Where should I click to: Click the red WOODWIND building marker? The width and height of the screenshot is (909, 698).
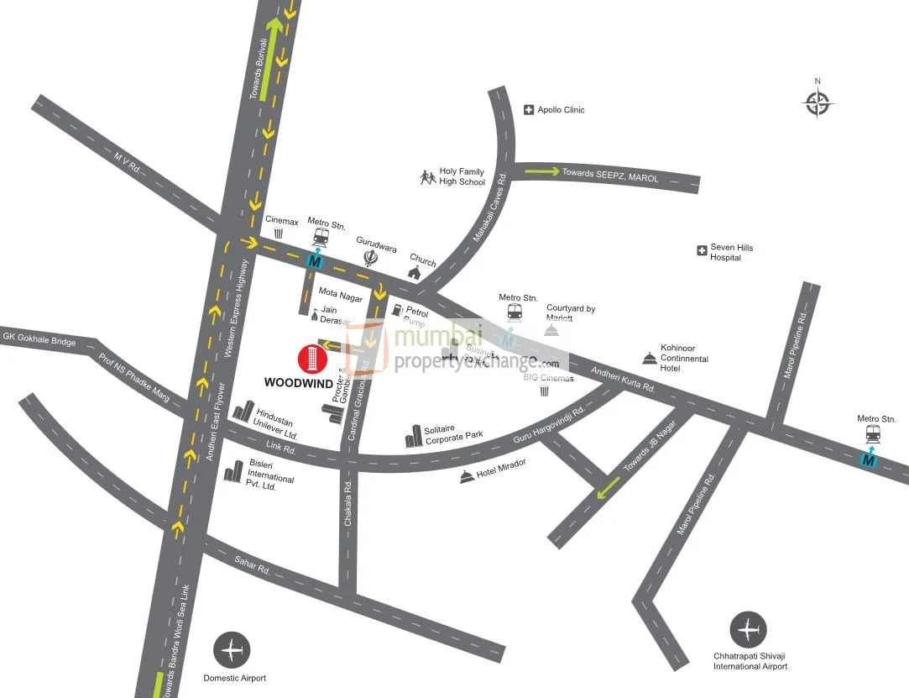click(x=311, y=359)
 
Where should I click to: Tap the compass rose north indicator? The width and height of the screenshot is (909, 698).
click(x=818, y=102)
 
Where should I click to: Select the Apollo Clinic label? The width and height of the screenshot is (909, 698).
click(x=561, y=110)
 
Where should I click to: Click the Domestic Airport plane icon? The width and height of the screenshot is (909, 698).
click(x=232, y=649)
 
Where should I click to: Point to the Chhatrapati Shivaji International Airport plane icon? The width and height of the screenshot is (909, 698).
click(x=748, y=630)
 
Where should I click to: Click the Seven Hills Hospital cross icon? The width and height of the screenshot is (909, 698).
click(x=702, y=250)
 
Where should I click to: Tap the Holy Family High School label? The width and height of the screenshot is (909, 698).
click(x=462, y=177)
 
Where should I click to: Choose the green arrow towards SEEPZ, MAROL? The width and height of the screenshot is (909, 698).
click(x=542, y=172)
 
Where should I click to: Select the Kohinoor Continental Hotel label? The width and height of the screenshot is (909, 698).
click(x=684, y=358)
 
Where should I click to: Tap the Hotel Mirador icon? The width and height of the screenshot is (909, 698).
click(x=467, y=477)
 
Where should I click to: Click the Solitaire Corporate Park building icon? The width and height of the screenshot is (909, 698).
click(x=414, y=436)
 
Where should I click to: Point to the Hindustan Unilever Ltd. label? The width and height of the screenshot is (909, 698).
click(x=278, y=425)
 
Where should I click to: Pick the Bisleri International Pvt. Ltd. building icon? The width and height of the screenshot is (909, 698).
click(x=232, y=471)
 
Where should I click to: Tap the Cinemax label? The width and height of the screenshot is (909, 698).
click(x=282, y=222)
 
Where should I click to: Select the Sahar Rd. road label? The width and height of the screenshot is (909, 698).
click(x=252, y=569)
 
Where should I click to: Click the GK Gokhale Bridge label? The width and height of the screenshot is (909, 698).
click(x=39, y=339)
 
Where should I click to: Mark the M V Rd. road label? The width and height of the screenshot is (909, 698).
click(x=132, y=156)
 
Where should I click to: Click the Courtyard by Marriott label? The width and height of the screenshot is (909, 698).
click(x=571, y=313)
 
